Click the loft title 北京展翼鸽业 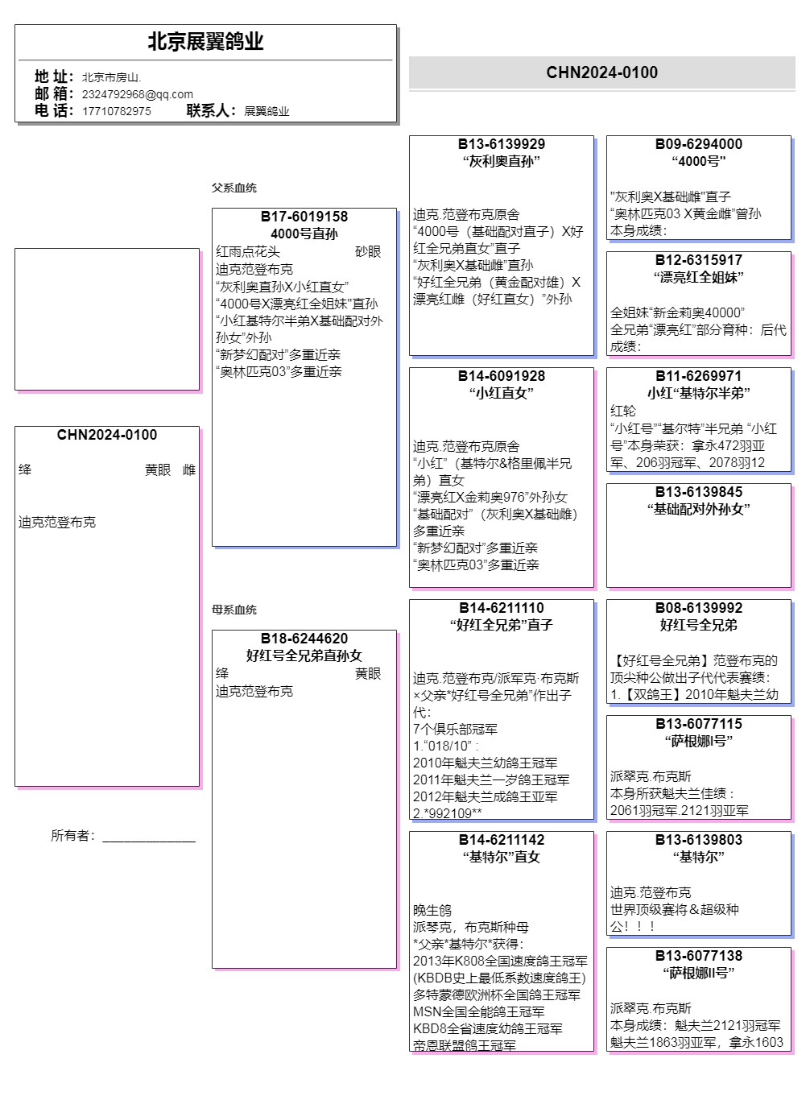(x=205, y=42)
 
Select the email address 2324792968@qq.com (x=137, y=94)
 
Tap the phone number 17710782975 (x=116, y=111)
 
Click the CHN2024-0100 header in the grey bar (x=601, y=72)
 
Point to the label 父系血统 (x=234, y=188)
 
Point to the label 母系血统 (x=234, y=610)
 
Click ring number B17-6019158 (x=304, y=217)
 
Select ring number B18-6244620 (x=304, y=639)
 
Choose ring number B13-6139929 (x=502, y=144)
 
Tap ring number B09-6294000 (x=699, y=144)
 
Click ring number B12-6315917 (x=699, y=260)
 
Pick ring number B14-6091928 (x=502, y=376)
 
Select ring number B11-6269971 (x=699, y=376)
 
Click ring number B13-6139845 (x=699, y=492)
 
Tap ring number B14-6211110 (x=502, y=608)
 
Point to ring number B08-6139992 (x=699, y=608)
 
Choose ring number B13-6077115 (x=699, y=724)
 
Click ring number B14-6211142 (x=502, y=840)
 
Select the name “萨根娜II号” (x=699, y=973)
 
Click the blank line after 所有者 (x=149, y=837)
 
